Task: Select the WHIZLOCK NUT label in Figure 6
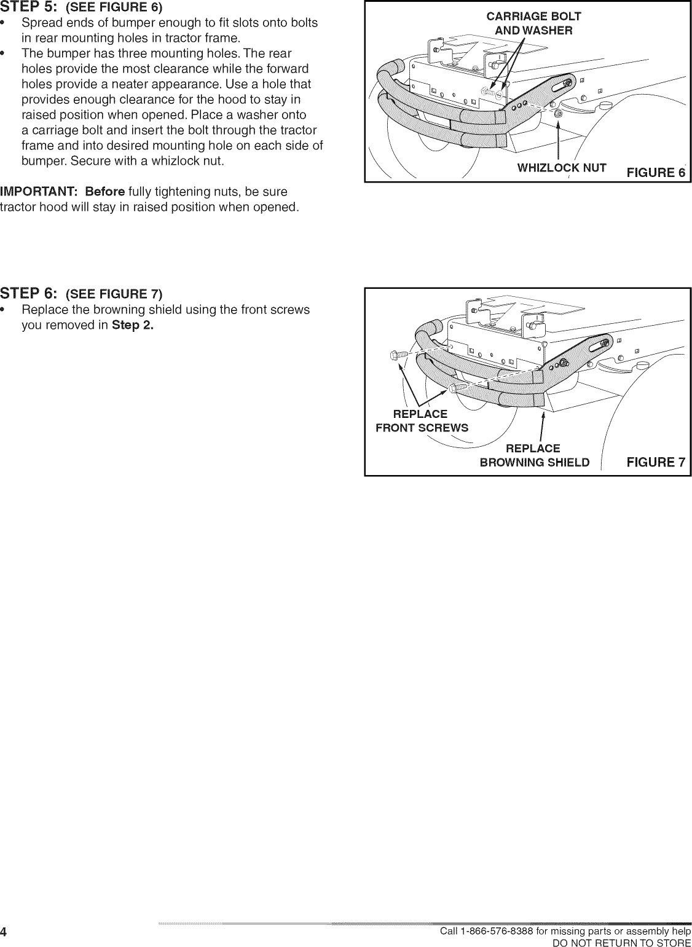pyautogui.click(x=562, y=168)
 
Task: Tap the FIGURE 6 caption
pyautogui.click(x=655, y=172)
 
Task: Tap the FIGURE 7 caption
pyautogui.click(x=655, y=462)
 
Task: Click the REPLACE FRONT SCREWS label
pyautogui.click(x=422, y=421)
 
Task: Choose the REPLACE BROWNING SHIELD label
pyautogui.click(x=533, y=455)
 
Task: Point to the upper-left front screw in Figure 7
pyautogui.click(x=398, y=355)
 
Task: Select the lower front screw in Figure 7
pyautogui.click(x=458, y=387)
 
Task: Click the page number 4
pyautogui.click(x=4, y=932)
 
